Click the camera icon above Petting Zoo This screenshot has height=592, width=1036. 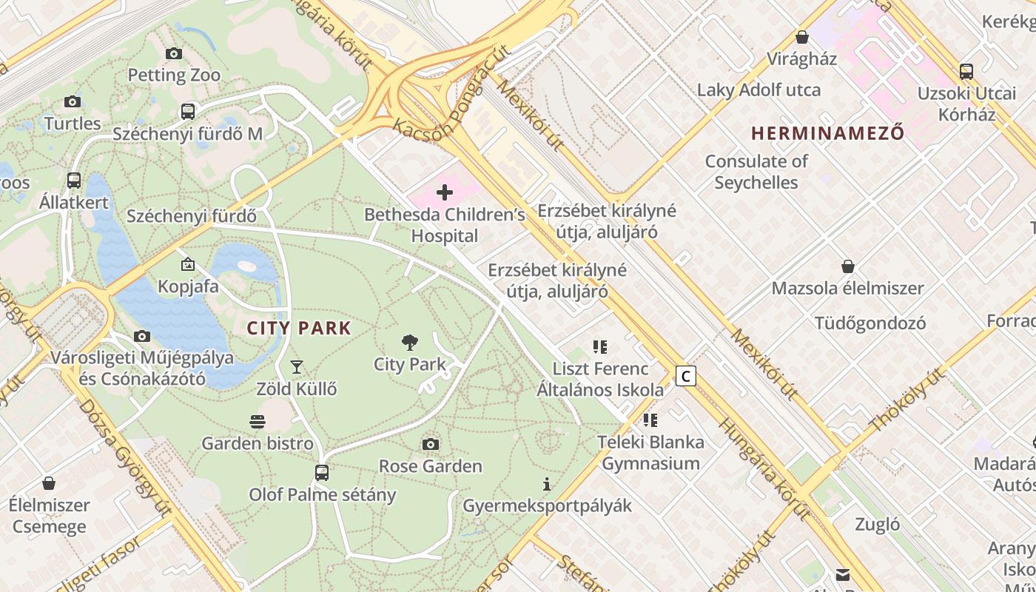174,53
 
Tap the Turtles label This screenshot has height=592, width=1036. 73,123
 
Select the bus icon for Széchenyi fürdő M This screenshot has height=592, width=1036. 188,112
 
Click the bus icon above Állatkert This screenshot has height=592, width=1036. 74,181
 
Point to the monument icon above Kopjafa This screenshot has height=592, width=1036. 188,264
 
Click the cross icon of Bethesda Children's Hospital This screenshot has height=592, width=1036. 445,193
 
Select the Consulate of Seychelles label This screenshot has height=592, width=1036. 756,172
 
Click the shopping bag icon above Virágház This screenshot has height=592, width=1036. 801,37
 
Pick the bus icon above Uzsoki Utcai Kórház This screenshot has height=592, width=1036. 966,72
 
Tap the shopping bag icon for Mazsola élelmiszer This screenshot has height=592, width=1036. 848,266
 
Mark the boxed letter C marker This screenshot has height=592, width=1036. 686,376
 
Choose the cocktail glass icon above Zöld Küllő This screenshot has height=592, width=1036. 297,366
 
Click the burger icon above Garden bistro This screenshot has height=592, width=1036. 258,422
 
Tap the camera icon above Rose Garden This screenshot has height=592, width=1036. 431,444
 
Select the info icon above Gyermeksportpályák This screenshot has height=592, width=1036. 547,484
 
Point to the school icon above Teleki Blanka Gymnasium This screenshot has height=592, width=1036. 650,420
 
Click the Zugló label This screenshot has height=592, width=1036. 878,525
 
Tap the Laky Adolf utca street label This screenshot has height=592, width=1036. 758,90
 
